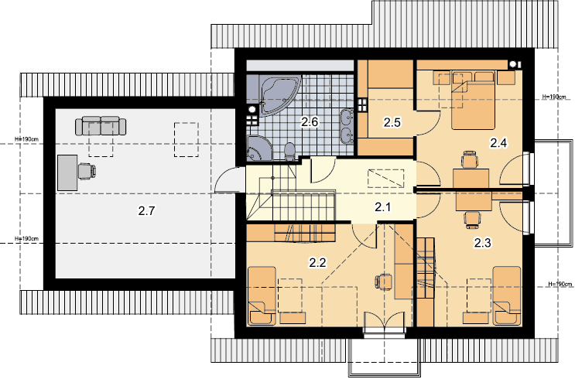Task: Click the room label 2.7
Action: (x=147, y=210)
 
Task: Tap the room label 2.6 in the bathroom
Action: (x=310, y=121)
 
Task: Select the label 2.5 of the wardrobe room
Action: (x=392, y=122)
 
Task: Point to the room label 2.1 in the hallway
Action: (x=383, y=207)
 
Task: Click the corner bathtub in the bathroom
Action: (x=278, y=91)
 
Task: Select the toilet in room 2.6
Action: (x=289, y=152)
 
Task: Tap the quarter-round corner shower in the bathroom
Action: (x=258, y=148)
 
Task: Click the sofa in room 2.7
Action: (x=101, y=126)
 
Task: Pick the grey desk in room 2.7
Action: (x=67, y=172)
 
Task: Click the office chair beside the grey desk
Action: (x=87, y=171)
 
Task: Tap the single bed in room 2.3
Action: (x=507, y=295)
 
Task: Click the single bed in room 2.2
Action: (x=262, y=295)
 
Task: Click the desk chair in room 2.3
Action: (x=472, y=220)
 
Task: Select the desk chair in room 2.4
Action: (x=471, y=159)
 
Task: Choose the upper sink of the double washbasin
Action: (x=347, y=118)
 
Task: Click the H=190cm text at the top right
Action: (x=554, y=97)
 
